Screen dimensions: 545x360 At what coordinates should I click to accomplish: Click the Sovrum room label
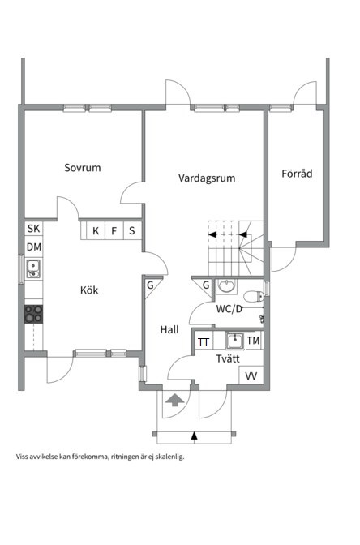click(x=83, y=169)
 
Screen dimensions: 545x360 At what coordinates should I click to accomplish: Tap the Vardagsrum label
click(x=207, y=178)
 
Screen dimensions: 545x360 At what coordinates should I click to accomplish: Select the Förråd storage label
click(x=297, y=174)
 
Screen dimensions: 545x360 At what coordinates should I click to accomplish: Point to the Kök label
click(x=89, y=290)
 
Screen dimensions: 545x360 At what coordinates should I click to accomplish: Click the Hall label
click(x=169, y=329)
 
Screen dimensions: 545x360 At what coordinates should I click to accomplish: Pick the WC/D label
click(x=229, y=309)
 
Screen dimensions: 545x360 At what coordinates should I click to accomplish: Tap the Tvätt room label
click(x=227, y=358)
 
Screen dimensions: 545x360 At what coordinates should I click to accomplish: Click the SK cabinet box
click(x=33, y=230)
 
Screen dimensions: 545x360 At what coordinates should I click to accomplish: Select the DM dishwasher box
click(x=33, y=247)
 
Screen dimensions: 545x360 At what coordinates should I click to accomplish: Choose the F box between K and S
click(x=114, y=231)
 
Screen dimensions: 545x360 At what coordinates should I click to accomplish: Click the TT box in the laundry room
click(x=203, y=341)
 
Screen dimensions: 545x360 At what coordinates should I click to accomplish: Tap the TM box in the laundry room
click(x=254, y=341)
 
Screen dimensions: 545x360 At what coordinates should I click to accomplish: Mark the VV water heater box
click(x=251, y=375)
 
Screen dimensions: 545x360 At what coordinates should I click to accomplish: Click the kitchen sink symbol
click(x=33, y=268)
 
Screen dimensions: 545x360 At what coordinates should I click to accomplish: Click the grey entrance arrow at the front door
click(x=174, y=399)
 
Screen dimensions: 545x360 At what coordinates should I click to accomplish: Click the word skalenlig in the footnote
click(x=168, y=457)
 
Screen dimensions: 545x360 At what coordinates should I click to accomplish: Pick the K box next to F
click(x=96, y=231)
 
